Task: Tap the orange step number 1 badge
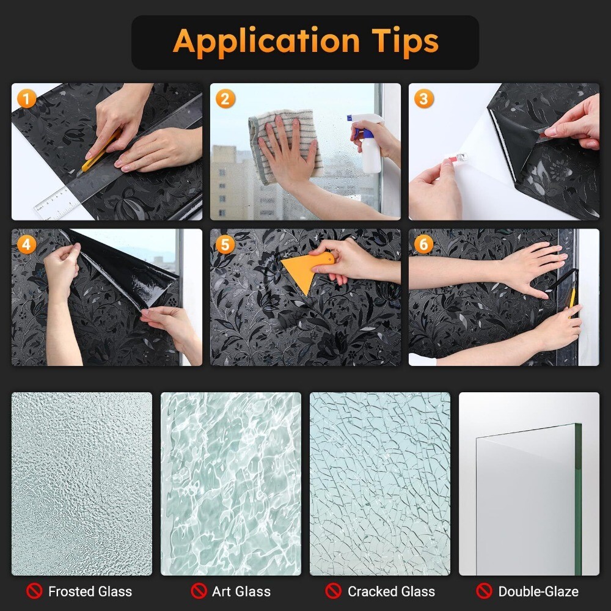[x=26, y=98]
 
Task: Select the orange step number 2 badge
[x=225, y=99]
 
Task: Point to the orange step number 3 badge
[x=423, y=99]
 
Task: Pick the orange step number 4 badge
[x=26, y=245]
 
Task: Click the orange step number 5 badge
[x=225, y=245]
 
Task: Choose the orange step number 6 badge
[x=423, y=245]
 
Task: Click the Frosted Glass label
[x=90, y=591]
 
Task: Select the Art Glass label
[x=241, y=591]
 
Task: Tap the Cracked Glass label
[x=391, y=591]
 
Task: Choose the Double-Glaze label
[x=538, y=591]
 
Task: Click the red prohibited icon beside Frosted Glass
[x=34, y=591]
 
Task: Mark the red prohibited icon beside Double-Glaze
[x=485, y=591]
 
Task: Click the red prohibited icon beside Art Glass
[x=199, y=591]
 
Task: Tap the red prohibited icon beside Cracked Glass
[x=333, y=591]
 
